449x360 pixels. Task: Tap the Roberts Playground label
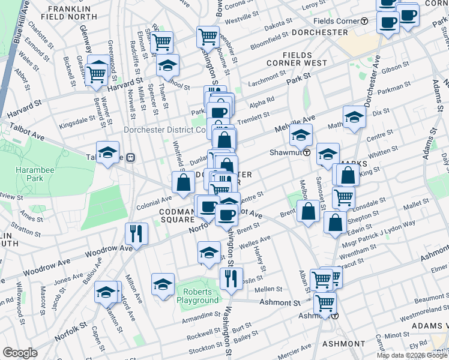pyautogui.click(x=197, y=296)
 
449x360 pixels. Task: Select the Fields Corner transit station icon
pyautogui.click(x=364, y=21)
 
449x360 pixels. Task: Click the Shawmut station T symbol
pyautogui.click(x=306, y=152)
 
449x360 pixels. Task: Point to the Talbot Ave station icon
pyautogui.click(x=130, y=157)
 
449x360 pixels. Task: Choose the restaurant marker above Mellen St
pyautogui.click(x=231, y=277)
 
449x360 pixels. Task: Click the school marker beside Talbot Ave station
pyautogui.click(x=107, y=152)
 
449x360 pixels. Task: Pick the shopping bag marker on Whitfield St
pyautogui.click(x=182, y=182)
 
